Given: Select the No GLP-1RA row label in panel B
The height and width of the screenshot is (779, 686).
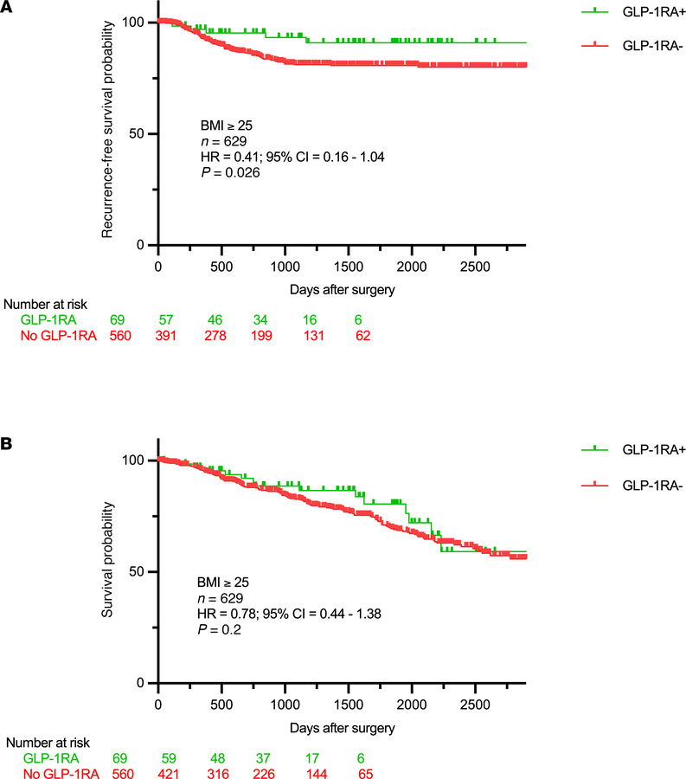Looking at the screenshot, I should coord(54,773).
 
